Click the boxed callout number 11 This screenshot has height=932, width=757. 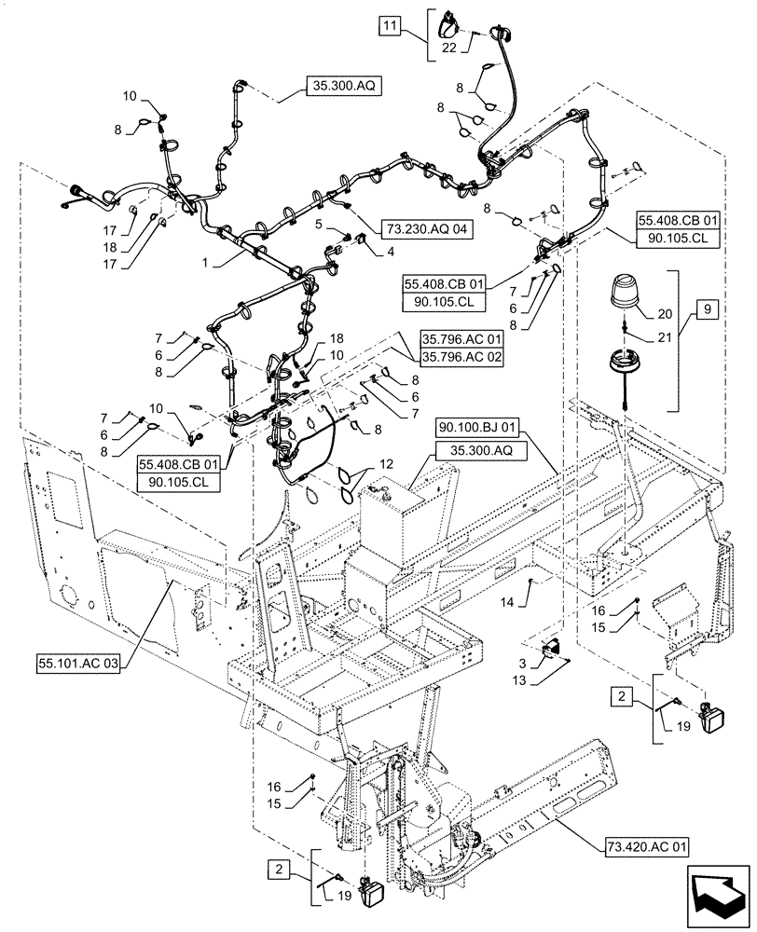tap(391, 26)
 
